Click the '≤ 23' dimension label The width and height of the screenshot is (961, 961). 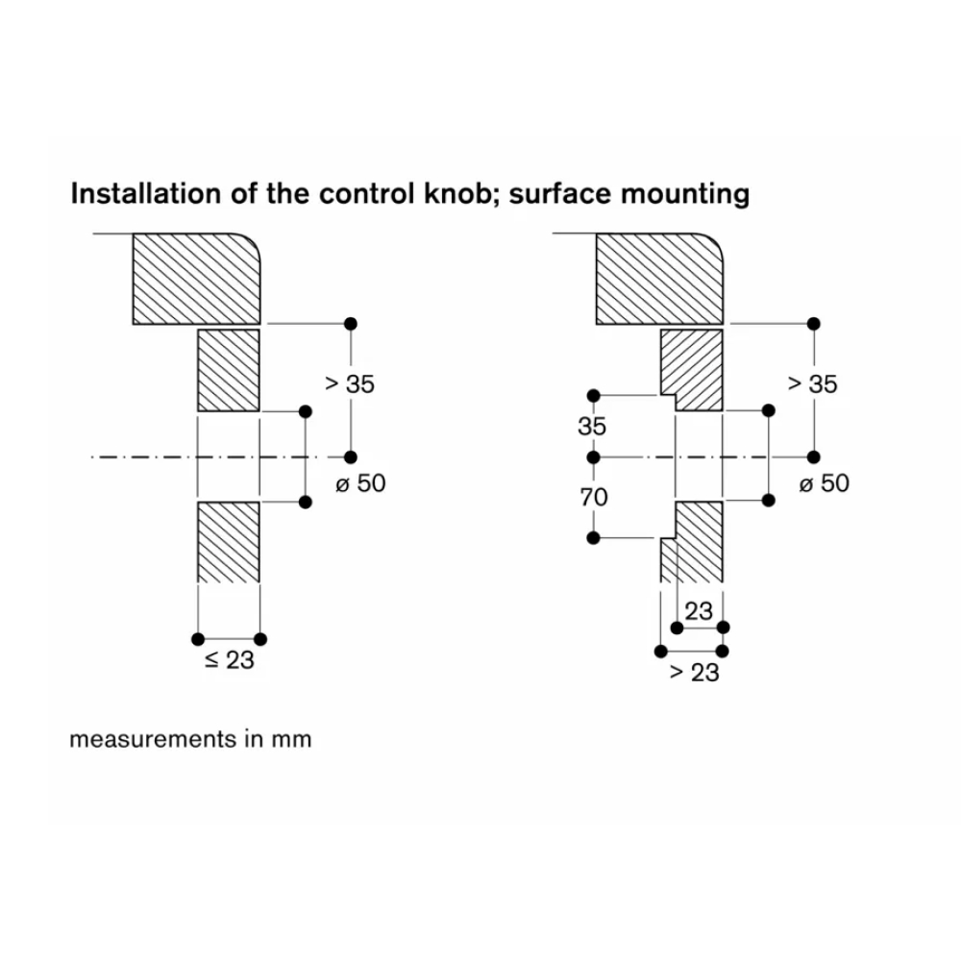pos(229,661)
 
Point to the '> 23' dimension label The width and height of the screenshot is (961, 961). pos(694,673)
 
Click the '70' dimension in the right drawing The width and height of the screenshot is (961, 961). pos(593,497)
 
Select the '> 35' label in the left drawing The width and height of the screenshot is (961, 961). pos(350,384)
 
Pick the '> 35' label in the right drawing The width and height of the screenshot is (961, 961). pos(813,384)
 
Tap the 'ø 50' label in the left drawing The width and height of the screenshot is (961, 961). pos(361,483)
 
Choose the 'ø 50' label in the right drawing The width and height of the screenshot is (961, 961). pos(825,483)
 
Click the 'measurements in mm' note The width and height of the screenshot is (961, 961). pos(190,740)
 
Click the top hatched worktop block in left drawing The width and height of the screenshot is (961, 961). pos(196,278)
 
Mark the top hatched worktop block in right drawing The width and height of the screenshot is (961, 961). pos(660,278)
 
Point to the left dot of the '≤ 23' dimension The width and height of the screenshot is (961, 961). pos(198,639)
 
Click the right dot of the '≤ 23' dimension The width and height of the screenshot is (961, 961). pos(260,639)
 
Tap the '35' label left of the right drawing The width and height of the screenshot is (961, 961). pos(593,427)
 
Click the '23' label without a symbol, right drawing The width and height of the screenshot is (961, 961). pos(700,611)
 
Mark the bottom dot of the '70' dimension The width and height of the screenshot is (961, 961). pos(593,537)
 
